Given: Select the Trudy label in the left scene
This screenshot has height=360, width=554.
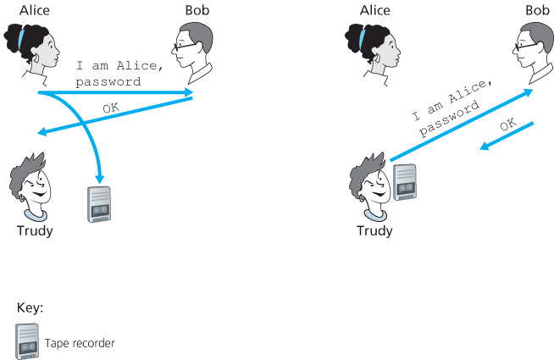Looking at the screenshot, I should [35, 230].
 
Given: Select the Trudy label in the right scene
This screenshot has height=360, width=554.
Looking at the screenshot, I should [375, 230].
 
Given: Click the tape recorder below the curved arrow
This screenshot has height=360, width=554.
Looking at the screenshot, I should [100, 203].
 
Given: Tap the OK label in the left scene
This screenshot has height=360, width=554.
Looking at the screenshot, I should [111, 108].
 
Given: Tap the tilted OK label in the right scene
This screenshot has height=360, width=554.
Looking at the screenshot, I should [508, 125].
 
